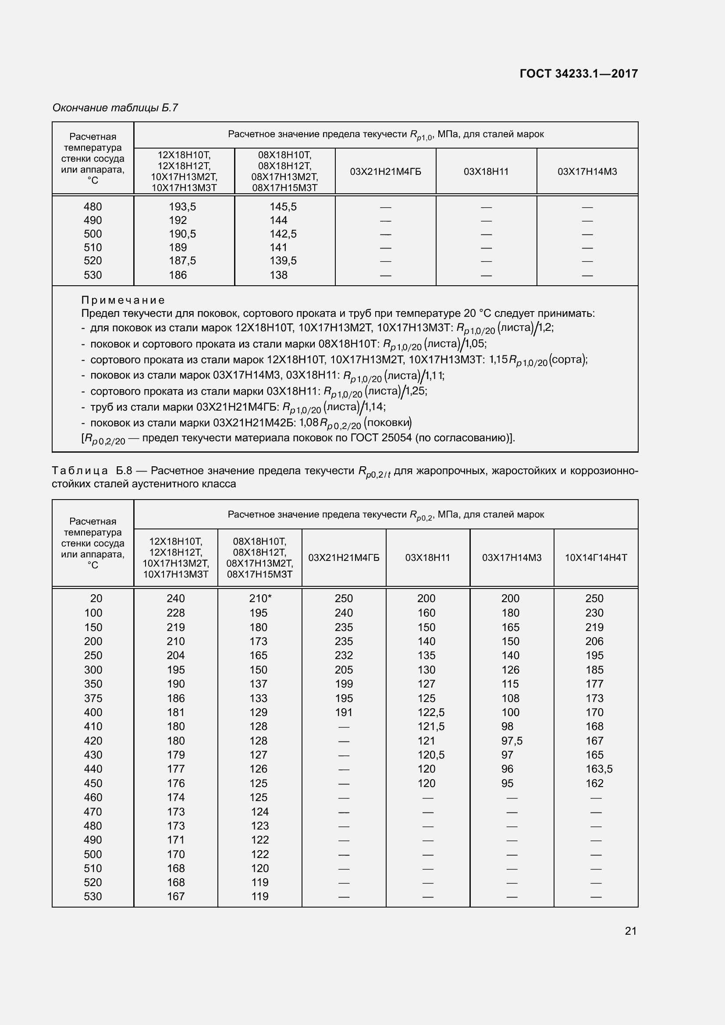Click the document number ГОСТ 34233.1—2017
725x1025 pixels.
579,74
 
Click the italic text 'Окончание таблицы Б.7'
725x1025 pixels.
115,108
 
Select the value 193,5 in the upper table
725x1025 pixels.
182,207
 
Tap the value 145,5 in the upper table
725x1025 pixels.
283,207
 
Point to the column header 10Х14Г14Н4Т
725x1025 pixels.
596,557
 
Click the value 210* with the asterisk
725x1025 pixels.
260,598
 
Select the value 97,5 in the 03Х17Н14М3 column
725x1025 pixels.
512,741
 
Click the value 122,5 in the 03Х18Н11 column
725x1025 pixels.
431,712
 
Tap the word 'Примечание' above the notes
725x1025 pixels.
123,300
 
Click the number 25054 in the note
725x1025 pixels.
396,437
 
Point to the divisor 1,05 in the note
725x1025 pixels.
475,343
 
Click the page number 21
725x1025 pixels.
630,931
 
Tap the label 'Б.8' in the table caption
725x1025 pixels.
124,471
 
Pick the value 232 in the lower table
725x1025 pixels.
344,655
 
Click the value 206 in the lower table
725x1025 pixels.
594,641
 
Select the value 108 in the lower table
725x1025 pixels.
510,698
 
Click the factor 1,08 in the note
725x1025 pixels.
308,422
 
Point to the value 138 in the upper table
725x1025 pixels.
279,275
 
